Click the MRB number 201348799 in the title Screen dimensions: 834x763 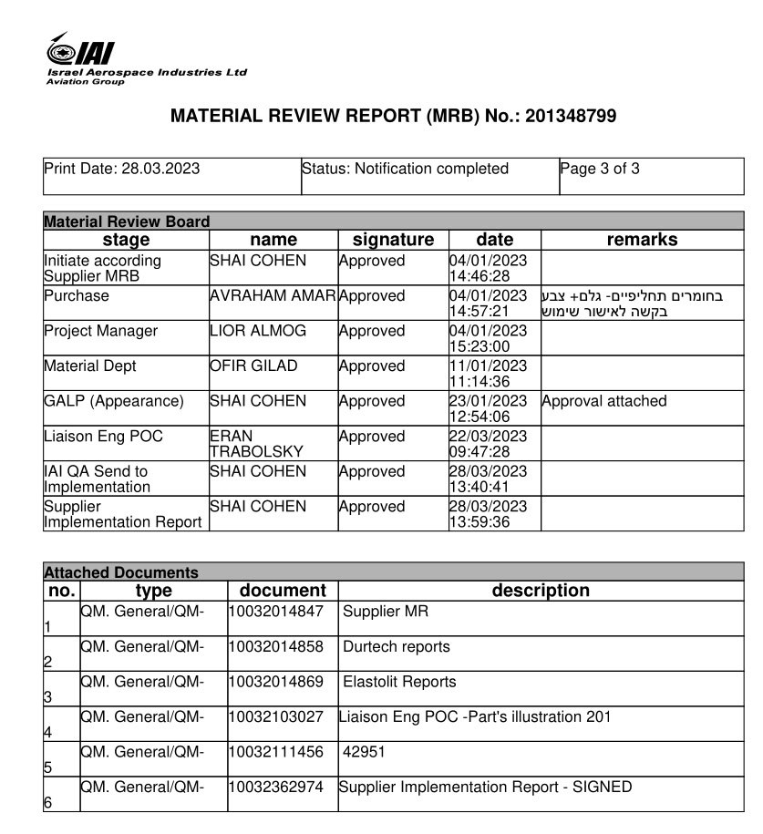[x=571, y=117]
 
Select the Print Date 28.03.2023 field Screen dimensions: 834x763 [x=122, y=169]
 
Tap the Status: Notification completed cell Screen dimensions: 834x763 [x=406, y=169]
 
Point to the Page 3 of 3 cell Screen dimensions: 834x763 [x=600, y=169]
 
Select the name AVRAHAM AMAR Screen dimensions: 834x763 [x=273, y=296]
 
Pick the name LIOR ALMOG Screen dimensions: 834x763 [x=258, y=331]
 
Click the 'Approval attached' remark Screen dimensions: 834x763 [x=604, y=401]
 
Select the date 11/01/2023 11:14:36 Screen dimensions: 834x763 [x=488, y=374]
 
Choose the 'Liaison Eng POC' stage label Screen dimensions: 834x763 [x=103, y=437]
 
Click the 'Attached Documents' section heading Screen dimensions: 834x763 [x=120, y=573]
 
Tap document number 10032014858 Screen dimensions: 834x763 [x=275, y=647]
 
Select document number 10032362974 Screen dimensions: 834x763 [x=275, y=788]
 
